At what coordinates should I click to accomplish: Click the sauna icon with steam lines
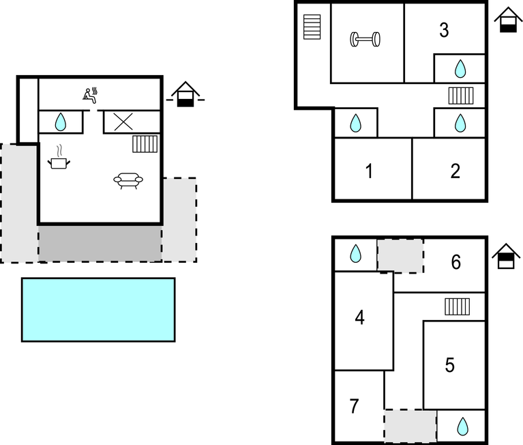pyautogui.click(x=91, y=95)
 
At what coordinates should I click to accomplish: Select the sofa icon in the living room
pyautogui.click(x=128, y=181)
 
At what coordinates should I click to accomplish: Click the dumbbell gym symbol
pyautogui.click(x=365, y=40)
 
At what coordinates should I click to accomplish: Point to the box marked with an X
pyautogui.click(x=123, y=122)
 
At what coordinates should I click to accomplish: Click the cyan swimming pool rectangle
pyautogui.click(x=98, y=309)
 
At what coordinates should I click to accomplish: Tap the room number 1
pyautogui.click(x=369, y=171)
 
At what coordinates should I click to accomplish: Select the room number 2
pyautogui.click(x=455, y=171)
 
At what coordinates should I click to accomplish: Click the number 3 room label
pyautogui.click(x=444, y=31)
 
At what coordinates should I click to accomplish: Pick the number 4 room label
pyautogui.click(x=360, y=318)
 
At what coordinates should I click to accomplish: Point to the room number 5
pyautogui.click(x=449, y=365)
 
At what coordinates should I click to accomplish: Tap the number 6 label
pyautogui.click(x=456, y=262)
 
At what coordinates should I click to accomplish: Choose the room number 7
pyautogui.click(x=353, y=407)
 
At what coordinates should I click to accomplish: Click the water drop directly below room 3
pyautogui.click(x=460, y=68)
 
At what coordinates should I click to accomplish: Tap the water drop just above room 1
pyautogui.click(x=355, y=124)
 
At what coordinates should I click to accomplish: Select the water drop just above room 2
pyautogui.click(x=460, y=123)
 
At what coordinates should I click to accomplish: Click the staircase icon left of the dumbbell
pyautogui.click(x=312, y=28)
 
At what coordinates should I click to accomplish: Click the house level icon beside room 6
pyautogui.click(x=506, y=257)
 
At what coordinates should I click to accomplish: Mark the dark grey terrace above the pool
pyautogui.click(x=100, y=243)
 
